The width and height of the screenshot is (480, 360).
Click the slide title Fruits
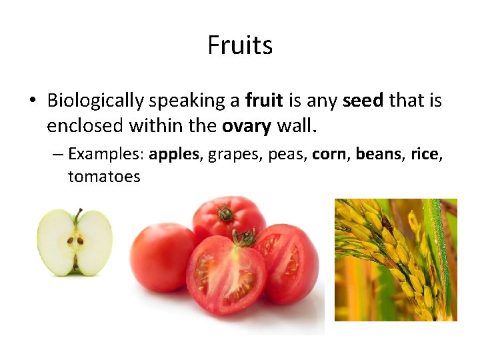240,45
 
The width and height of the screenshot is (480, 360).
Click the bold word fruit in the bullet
264,101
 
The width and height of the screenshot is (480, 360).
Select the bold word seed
363,101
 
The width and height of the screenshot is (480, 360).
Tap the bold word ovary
246,125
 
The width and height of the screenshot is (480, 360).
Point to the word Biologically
95,101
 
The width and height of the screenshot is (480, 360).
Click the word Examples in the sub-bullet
106,155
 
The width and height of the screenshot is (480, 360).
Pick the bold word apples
175,155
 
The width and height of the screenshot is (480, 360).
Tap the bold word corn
331,155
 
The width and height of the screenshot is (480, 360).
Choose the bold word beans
379,155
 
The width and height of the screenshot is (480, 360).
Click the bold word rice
425,155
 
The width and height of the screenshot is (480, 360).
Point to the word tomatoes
104,177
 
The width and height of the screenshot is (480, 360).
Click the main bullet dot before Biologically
32,101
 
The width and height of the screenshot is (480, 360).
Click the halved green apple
75,241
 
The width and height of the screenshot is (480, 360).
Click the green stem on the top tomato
225,213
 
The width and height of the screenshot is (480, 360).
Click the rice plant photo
395,260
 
